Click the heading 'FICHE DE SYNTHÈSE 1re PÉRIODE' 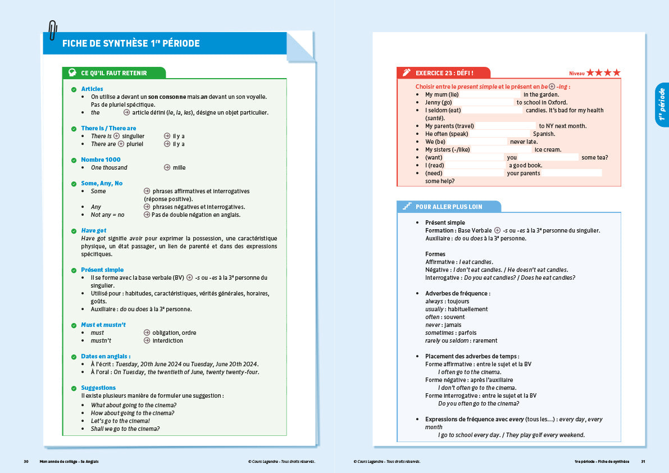click(x=131, y=43)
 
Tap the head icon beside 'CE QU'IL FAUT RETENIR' click(x=72, y=73)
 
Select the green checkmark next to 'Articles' click(x=74, y=89)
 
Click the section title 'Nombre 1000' click(x=101, y=160)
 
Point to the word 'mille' click(x=179, y=167)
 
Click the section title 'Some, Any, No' click(x=102, y=183)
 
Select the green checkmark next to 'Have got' click(x=74, y=231)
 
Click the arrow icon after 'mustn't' click(x=147, y=340)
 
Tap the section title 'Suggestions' click(x=98, y=388)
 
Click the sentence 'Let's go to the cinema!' click(x=120, y=421)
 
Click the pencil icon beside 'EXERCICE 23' click(x=407, y=73)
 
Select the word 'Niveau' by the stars click(x=576, y=74)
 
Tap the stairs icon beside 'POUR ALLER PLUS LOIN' click(x=407, y=207)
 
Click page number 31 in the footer click(x=643, y=461)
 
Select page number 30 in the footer click(x=26, y=461)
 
